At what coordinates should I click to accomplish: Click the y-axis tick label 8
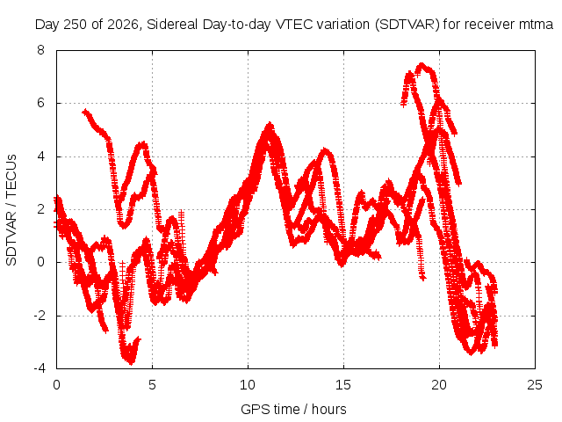[41, 50]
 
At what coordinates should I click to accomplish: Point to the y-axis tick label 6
[41, 103]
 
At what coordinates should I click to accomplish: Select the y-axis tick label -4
[40, 368]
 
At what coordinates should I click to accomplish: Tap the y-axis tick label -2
[40, 316]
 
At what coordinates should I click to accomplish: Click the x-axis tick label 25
[535, 385]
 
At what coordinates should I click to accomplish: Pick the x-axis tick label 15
[343, 385]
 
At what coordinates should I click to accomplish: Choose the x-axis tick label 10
[248, 385]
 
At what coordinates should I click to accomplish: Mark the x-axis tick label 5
[152, 385]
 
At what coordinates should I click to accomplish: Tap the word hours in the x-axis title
[329, 409]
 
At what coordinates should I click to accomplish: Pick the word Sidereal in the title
[172, 25]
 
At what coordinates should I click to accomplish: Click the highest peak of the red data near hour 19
[421, 65]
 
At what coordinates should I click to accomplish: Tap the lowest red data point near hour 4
[132, 362]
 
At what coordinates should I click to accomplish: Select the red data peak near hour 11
[270, 125]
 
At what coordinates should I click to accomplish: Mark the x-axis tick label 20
[439, 385]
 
